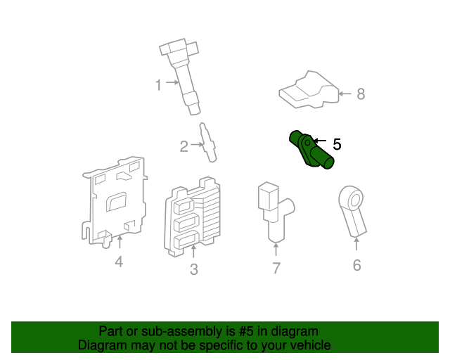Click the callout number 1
click(159, 85)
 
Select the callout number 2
click(184, 146)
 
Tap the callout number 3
click(194, 269)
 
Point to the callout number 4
click(119, 262)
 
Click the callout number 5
click(337, 144)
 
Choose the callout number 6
click(356, 265)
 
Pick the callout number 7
click(276, 267)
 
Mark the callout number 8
click(361, 94)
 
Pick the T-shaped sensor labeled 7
click(274, 210)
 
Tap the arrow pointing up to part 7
click(276, 250)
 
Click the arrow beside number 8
click(345, 94)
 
